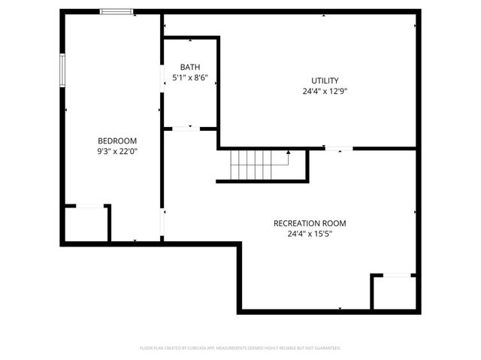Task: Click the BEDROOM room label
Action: [x=117, y=141]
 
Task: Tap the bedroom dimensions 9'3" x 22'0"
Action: [x=117, y=151]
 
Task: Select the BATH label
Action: [x=189, y=67]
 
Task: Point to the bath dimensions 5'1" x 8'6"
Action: [x=189, y=77]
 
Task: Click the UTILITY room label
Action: [x=325, y=80]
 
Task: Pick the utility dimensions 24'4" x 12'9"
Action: [x=325, y=92]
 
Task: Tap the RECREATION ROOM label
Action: [x=310, y=223]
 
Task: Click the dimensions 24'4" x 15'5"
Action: [x=310, y=234]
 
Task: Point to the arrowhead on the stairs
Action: [x=289, y=153]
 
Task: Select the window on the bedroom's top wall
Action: [x=117, y=11]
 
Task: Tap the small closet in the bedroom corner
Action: [x=86, y=223]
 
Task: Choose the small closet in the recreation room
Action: [x=393, y=292]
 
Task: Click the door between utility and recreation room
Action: [x=339, y=148]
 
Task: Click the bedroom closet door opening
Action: [x=89, y=205]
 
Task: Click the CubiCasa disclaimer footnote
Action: [x=240, y=348]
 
